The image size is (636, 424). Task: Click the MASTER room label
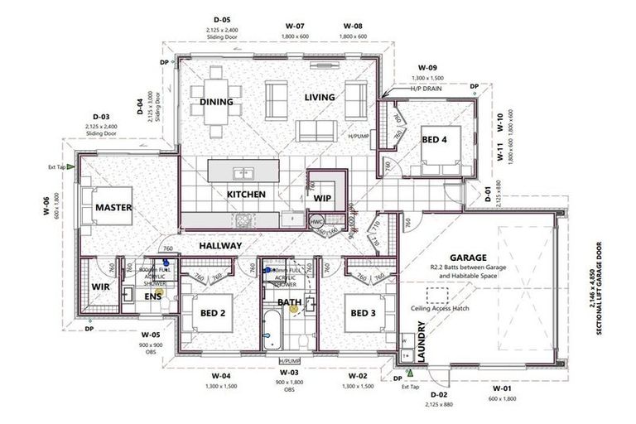click(x=113, y=207)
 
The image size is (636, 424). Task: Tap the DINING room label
click(x=216, y=103)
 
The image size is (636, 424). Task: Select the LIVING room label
click(x=320, y=97)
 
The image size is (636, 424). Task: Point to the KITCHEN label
click(x=246, y=195)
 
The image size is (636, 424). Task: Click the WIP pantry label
click(x=322, y=199)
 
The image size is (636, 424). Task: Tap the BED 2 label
click(x=213, y=313)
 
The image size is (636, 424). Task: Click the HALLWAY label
click(x=219, y=246)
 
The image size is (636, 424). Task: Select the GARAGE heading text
click(x=468, y=258)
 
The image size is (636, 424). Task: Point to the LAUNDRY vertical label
click(x=421, y=342)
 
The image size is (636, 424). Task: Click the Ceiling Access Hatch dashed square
click(x=437, y=295)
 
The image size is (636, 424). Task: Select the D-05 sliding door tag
click(x=221, y=19)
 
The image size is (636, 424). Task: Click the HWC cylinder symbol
click(x=316, y=223)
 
